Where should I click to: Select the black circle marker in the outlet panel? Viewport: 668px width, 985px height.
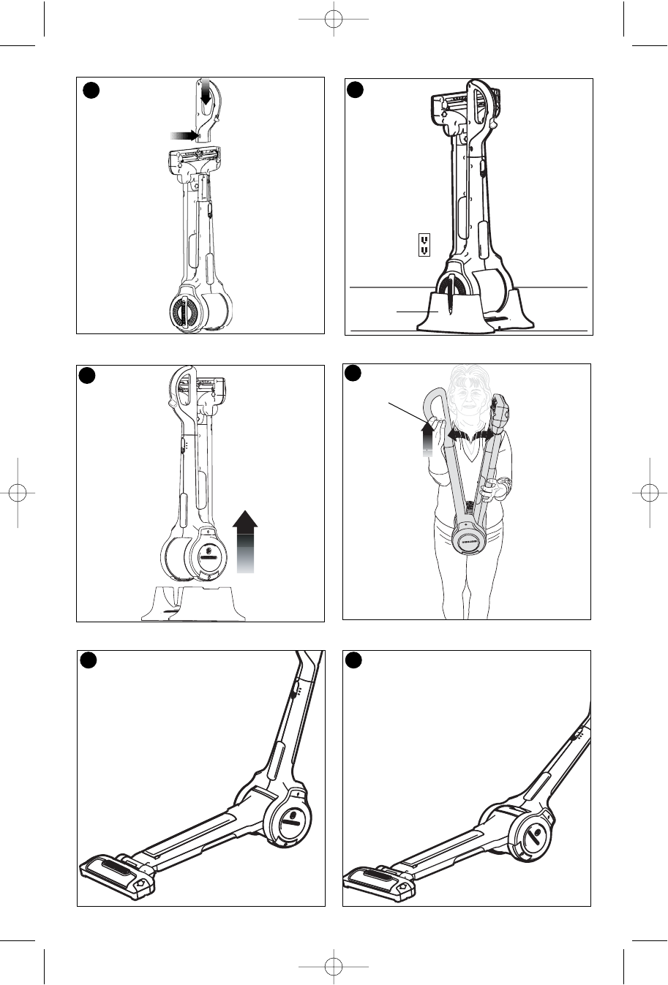tap(356, 90)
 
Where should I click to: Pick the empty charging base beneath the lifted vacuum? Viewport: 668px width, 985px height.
tap(194, 603)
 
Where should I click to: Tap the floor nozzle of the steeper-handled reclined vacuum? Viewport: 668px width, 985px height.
tap(117, 873)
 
